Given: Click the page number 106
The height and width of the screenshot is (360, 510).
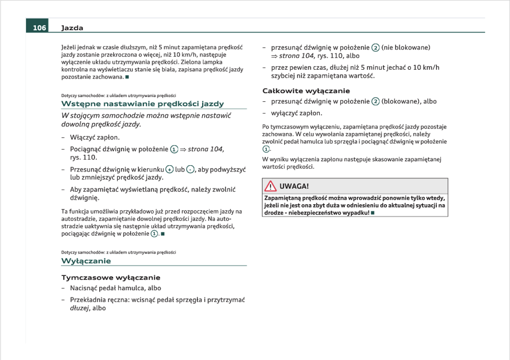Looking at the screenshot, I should pos(40,28).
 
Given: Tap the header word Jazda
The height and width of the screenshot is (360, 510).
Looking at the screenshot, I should pos(72,28).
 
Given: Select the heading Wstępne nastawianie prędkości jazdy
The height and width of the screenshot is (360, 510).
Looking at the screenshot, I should pos(142,104).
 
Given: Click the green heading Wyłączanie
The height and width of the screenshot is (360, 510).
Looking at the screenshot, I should pos(86,261).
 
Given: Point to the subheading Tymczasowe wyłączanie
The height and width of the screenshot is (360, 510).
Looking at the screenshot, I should pos(111,277).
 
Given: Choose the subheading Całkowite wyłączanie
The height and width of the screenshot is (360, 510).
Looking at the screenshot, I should pos(306,91).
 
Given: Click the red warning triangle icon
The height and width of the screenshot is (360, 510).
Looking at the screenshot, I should pos(270,186).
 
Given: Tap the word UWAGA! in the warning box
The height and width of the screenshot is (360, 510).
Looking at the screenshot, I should pos(294,186).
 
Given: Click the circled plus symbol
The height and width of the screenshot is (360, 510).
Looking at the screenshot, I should pos(170,170).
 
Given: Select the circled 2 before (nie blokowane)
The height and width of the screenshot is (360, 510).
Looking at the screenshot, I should pos(376,48).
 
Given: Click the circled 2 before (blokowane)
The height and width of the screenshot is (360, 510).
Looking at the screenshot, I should pos(376,102).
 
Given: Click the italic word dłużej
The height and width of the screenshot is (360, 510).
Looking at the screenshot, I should pos(80,308).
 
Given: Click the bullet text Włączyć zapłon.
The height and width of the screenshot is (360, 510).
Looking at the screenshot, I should pos(95,137).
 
